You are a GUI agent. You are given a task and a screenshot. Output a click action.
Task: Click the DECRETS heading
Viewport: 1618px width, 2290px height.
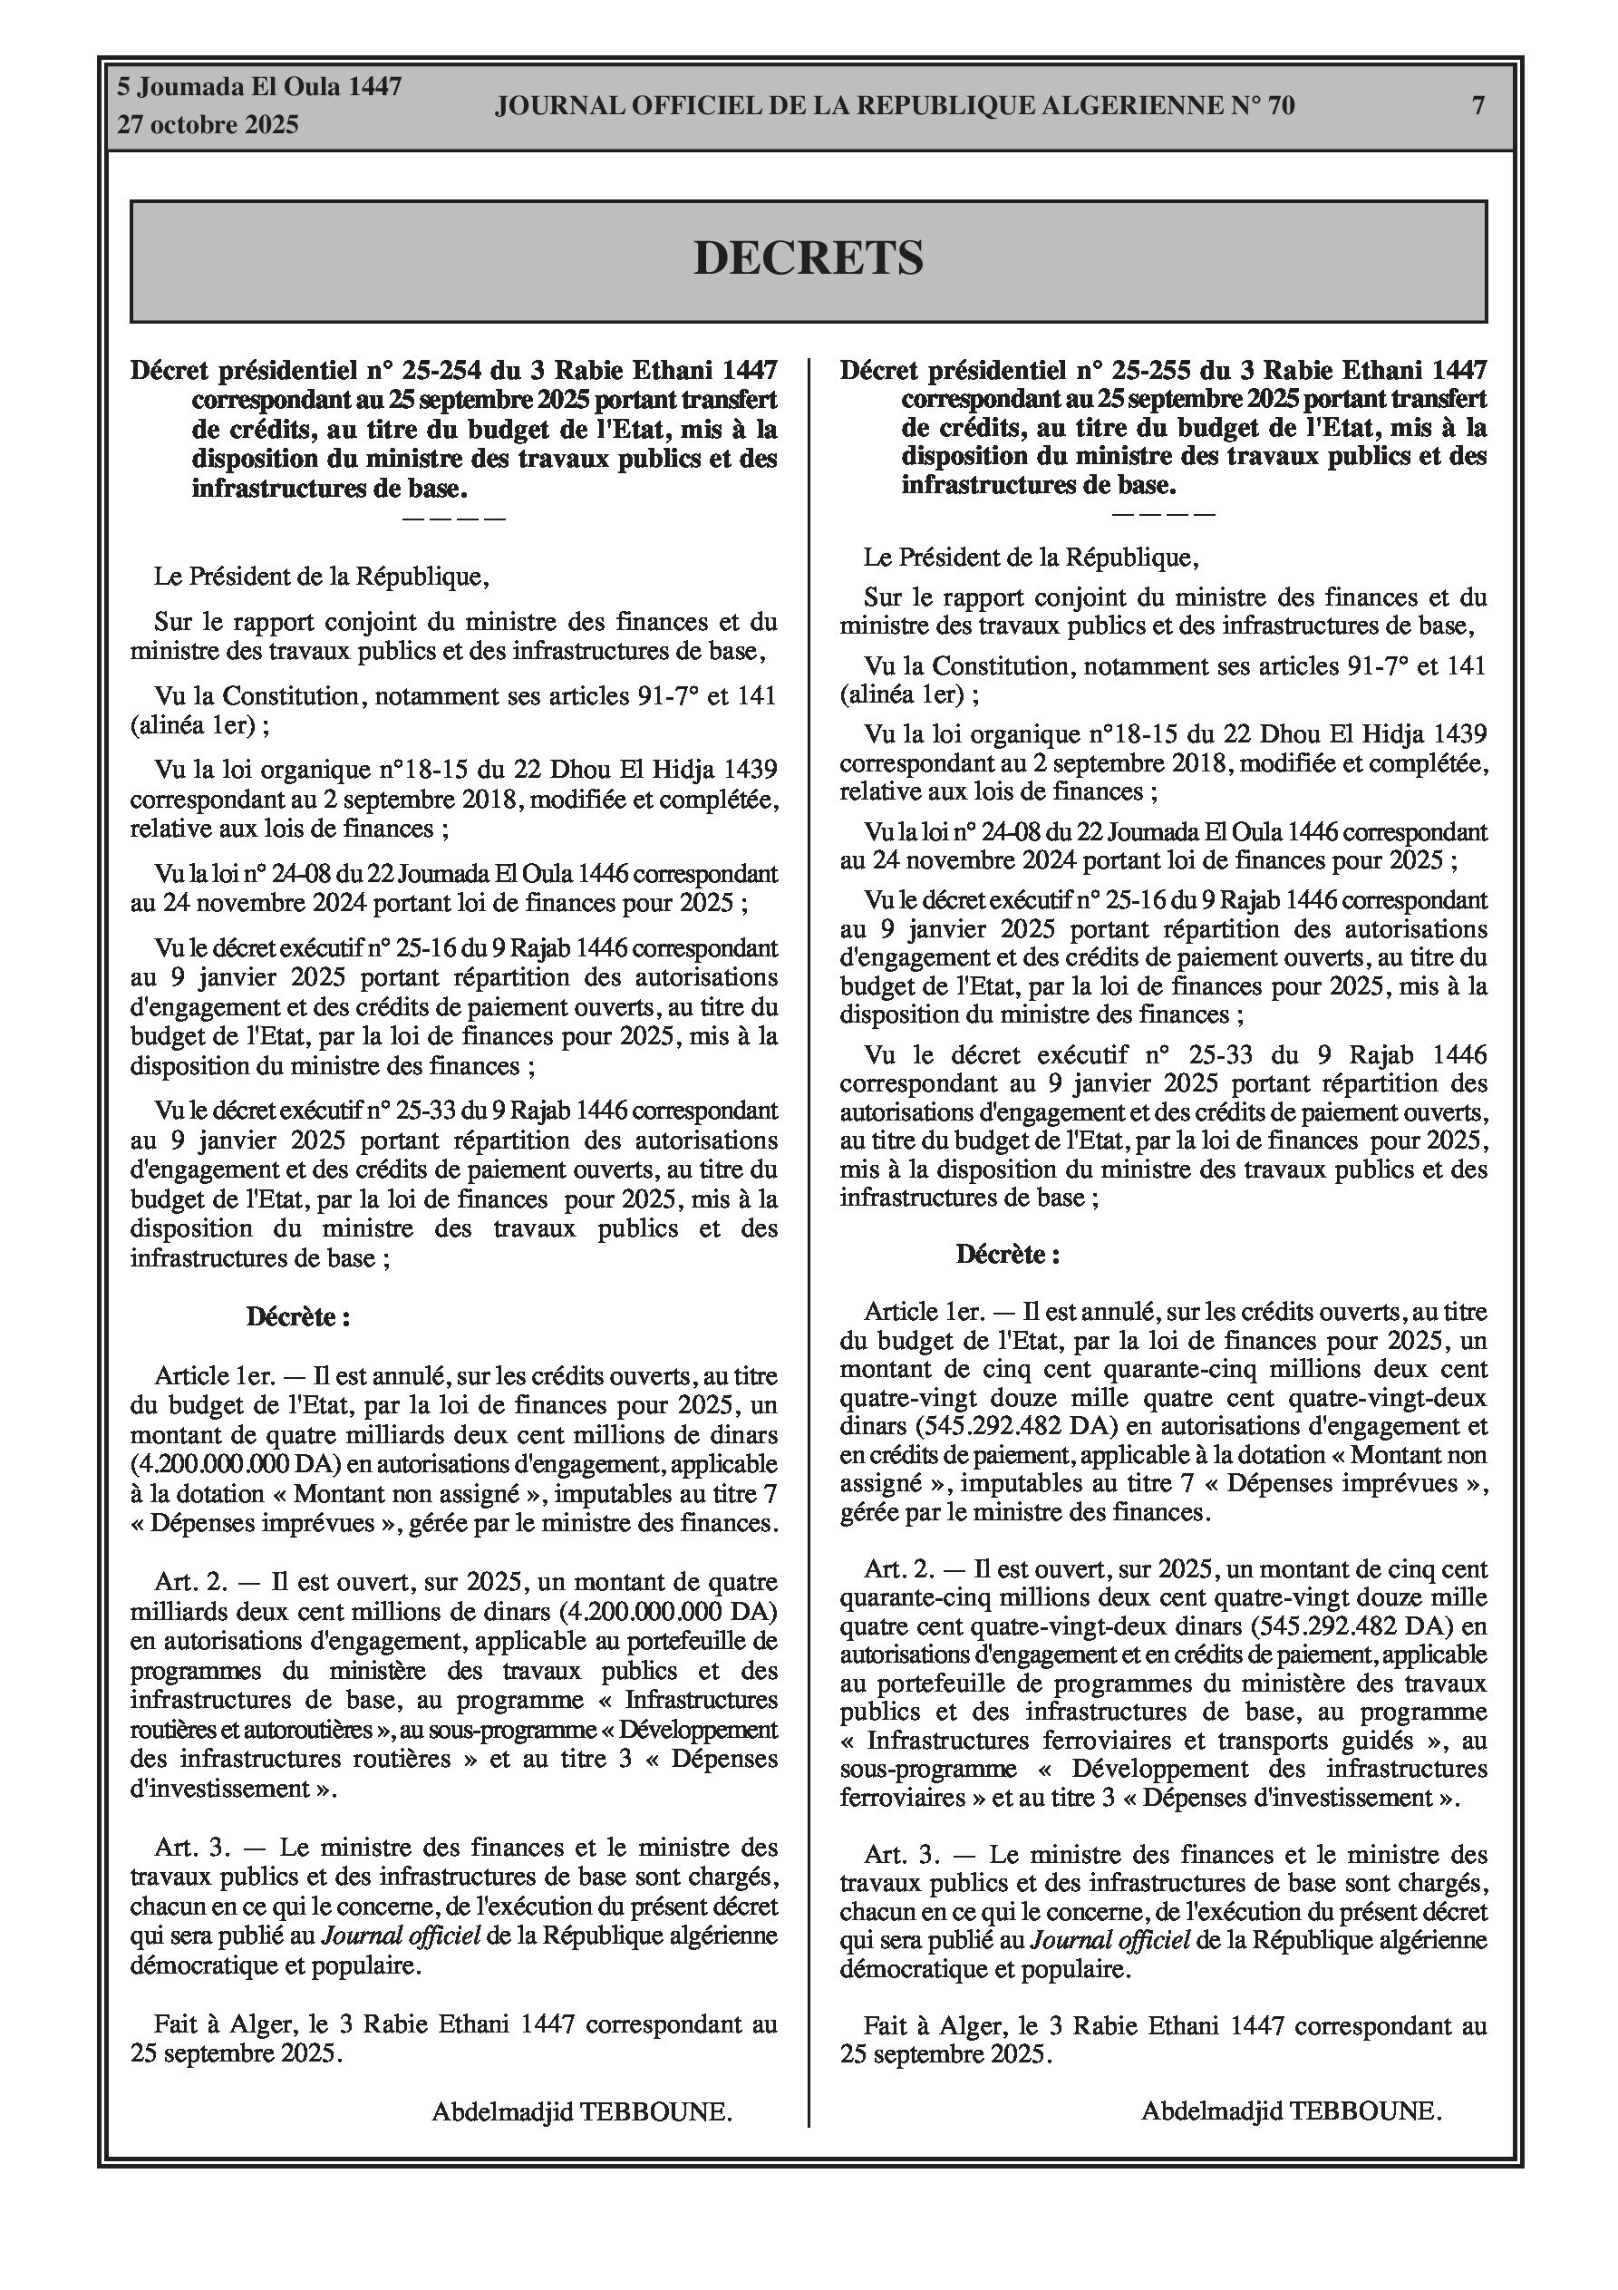click(808, 258)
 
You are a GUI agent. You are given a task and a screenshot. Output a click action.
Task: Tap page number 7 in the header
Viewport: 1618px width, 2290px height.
click(1478, 105)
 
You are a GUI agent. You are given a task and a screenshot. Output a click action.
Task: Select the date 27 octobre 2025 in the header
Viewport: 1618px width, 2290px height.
click(208, 125)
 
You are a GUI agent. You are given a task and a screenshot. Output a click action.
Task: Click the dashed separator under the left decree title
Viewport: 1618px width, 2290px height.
click(454, 519)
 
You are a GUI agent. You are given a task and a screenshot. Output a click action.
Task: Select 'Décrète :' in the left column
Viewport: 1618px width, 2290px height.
click(298, 1317)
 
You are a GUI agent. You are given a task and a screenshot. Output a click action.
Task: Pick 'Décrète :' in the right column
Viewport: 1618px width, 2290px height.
click(1007, 1255)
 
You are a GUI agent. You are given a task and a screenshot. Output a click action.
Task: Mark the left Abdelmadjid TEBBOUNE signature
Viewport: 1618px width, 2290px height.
click(582, 2111)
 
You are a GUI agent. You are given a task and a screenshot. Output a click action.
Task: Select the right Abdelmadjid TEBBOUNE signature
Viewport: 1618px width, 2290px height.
click(1291, 2111)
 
